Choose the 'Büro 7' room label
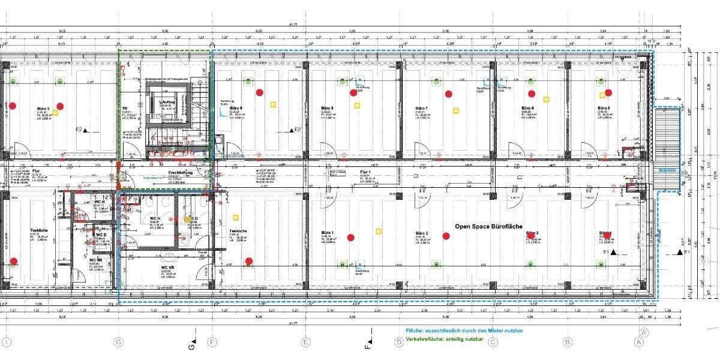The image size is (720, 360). pyautogui.click(x=421, y=109)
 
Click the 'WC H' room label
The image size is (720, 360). pyautogui.click(x=154, y=218)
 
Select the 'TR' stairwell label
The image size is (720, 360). pyautogui.click(x=124, y=108)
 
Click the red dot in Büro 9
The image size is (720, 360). pyautogui.click(x=259, y=92)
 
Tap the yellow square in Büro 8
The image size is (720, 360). pyautogui.click(x=356, y=106)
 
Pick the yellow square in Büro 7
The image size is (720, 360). pyautogui.click(x=456, y=111)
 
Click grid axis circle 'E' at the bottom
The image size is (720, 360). pyautogui.click(x=306, y=342)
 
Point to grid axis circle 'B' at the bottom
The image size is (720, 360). pyautogui.click(x=566, y=342)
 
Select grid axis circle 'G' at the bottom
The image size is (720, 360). pyautogui.click(x=118, y=342)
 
